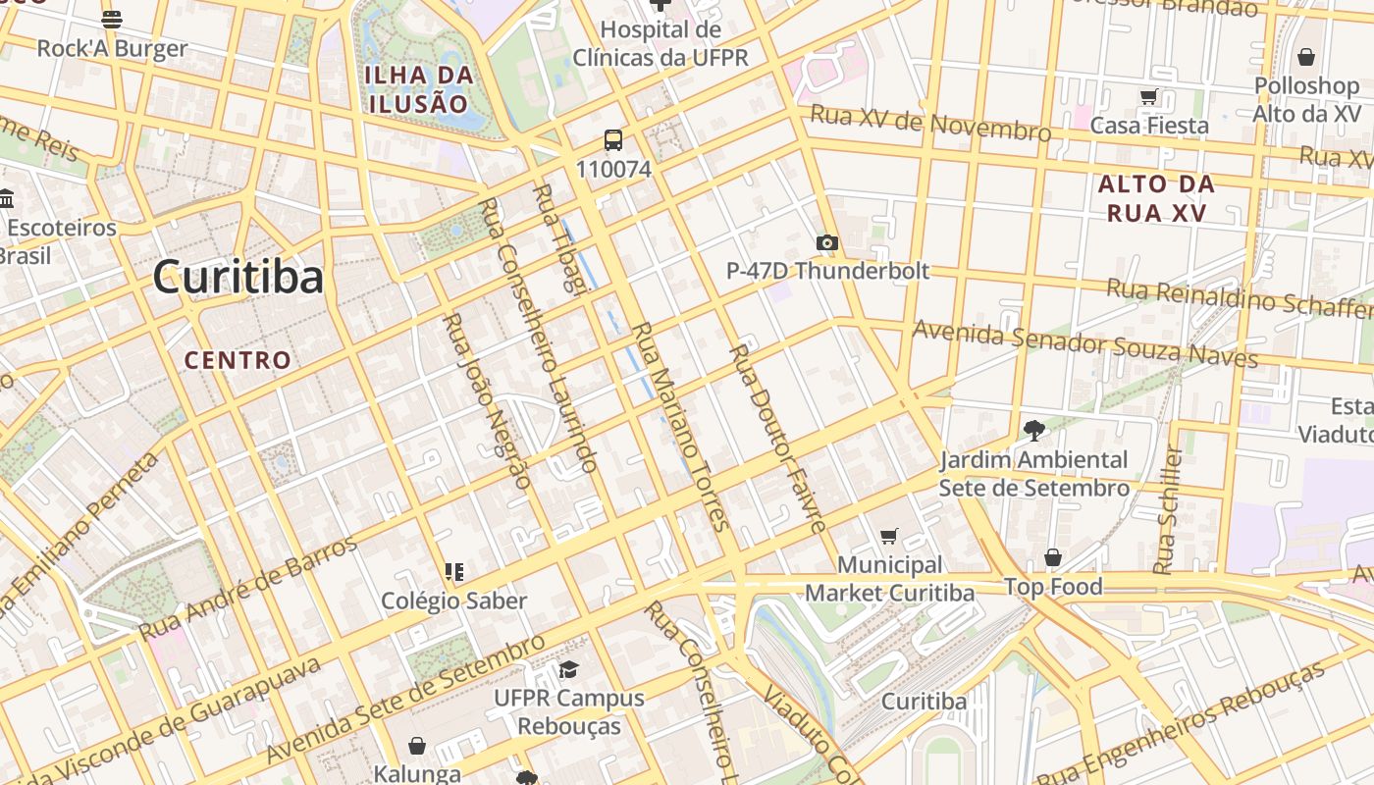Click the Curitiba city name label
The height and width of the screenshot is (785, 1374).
tap(238, 277)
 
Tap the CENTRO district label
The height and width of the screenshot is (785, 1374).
tap(238, 360)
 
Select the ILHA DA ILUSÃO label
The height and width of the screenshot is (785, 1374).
tap(419, 88)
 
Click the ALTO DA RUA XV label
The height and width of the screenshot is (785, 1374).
tap(1156, 198)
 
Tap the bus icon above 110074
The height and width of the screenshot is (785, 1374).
tap(613, 140)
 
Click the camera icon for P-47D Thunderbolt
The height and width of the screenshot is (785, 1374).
tap(827, 242)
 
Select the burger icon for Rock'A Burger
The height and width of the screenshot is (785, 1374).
tap(112, 19)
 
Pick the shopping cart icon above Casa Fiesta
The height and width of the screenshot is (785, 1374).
tap(1149, 96)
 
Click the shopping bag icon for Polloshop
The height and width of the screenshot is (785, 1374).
tap(1305, 57)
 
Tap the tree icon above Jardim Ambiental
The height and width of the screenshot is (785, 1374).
tap(1033, 430)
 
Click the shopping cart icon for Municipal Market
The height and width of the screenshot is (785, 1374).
tap(889, 536)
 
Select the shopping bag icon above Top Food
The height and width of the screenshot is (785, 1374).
tap(1053, 557)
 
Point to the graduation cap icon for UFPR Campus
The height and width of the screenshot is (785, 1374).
tap(568, 669)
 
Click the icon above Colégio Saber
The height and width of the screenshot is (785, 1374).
tap(454, 571)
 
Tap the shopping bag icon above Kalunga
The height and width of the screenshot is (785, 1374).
tap(417, 746)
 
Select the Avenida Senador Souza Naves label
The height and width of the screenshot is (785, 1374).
tap(1084, 343)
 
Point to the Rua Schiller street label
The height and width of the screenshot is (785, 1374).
tap(1168, 510)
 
